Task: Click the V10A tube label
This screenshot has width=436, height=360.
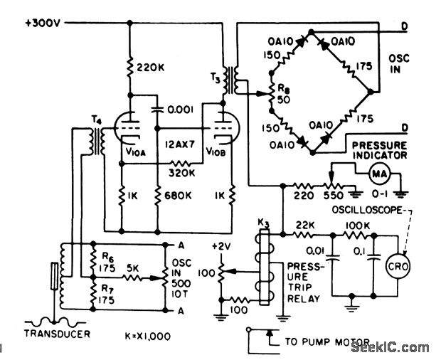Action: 136,152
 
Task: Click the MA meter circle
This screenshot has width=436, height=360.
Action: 377,171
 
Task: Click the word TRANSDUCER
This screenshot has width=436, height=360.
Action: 57,332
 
